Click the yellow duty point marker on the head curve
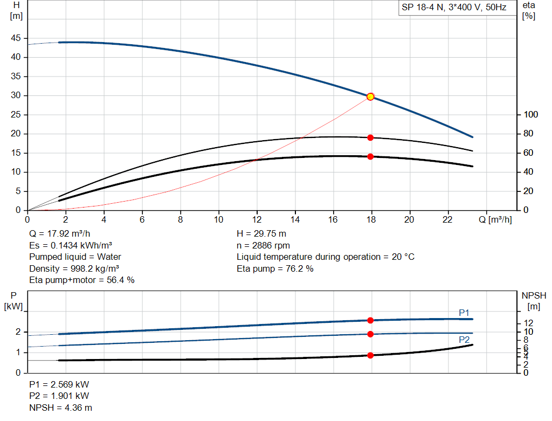(x=370, y=96)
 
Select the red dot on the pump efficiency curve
(x=370, y=137)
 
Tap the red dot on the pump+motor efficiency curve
(x=370, y=156)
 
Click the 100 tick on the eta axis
(x=531, y=115)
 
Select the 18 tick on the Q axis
(x=371, y=219)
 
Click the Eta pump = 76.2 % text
(x=275, y=268)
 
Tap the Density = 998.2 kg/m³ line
(x=74, y=268)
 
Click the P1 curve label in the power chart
(x=464, y=313)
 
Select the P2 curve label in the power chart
(x=464, y=340)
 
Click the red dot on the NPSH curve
(x=370, y=355)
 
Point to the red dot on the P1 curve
(x=370, y=320)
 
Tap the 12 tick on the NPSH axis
(x=530, y=322)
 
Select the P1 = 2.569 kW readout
(x=59, y=385)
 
